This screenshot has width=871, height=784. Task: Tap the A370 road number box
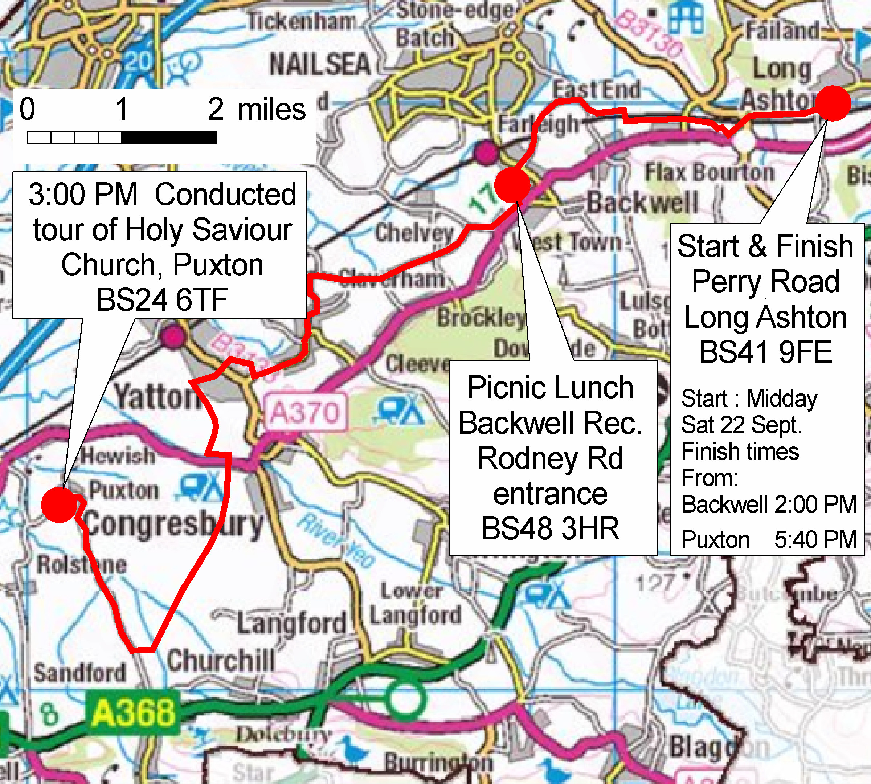pyautogui.click(x=305, y=412)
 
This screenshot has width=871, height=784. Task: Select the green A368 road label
pyautogui.click(x=134, y=712)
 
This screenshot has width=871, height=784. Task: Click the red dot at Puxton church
pyautogui.click(x=59, y=505)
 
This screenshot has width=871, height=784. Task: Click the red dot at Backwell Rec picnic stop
pyautogui.click(x=512, y=185)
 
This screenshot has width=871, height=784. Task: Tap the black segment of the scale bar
pyautogui.click(x=169, y=138)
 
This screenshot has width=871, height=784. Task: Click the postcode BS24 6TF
pyautogui.click(x=162, y=300)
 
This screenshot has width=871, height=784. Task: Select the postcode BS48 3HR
pyautogui.click(x=550, y=528)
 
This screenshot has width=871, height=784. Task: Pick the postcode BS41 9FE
pyautogui.click(x=765, y=352)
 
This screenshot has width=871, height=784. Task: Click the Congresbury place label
pyautogui.click(x=172, y=525)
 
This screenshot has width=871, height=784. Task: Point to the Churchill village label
pyautogui.click(x=221, y=660)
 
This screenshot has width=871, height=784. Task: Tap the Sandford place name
pyautogui.click(x=80, y=673)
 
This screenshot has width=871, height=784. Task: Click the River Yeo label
pyautogui.click(x=336, y=540)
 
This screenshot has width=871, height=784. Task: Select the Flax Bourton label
pyautogui.click(x=709, y=173)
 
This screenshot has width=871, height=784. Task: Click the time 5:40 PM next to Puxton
pyautogui.click(x=815, y=540)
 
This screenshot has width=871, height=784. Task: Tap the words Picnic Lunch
pyautogui.click(x=550, y=388)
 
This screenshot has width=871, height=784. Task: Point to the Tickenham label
pyautogui.click(x=302, y=21)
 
